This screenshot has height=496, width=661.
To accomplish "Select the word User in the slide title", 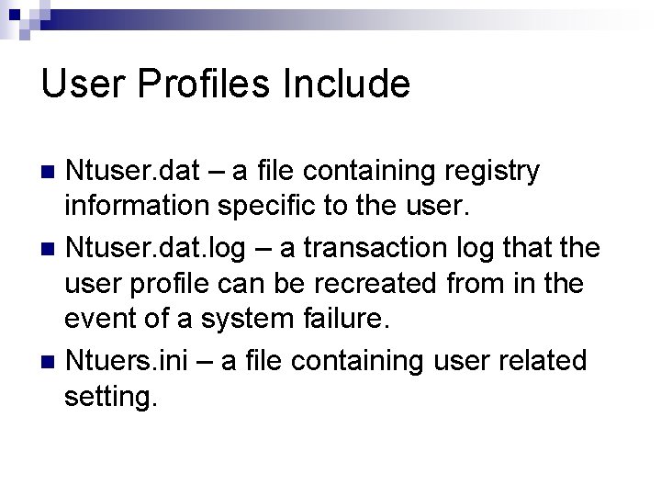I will tap(81, 85).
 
